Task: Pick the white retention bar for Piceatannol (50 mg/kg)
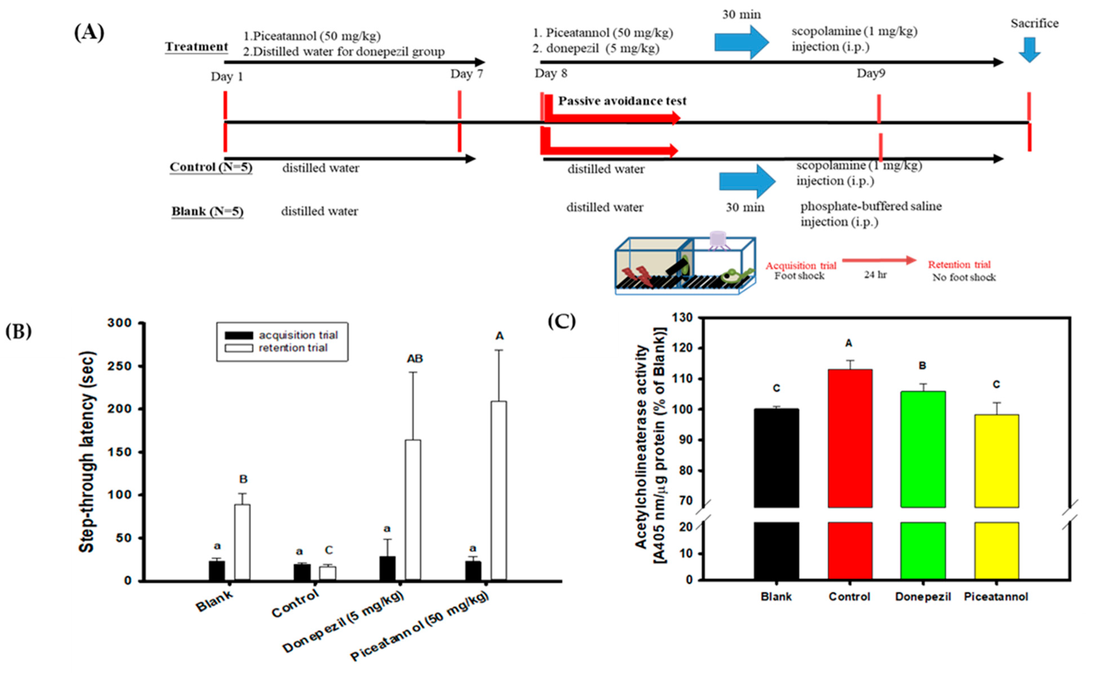point(499,490)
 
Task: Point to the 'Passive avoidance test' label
point(622,101)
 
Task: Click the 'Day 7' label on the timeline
point(466,74)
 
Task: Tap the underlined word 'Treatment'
point(196,47)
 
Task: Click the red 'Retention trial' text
point(959,264)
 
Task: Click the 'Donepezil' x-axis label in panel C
point(923,597)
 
